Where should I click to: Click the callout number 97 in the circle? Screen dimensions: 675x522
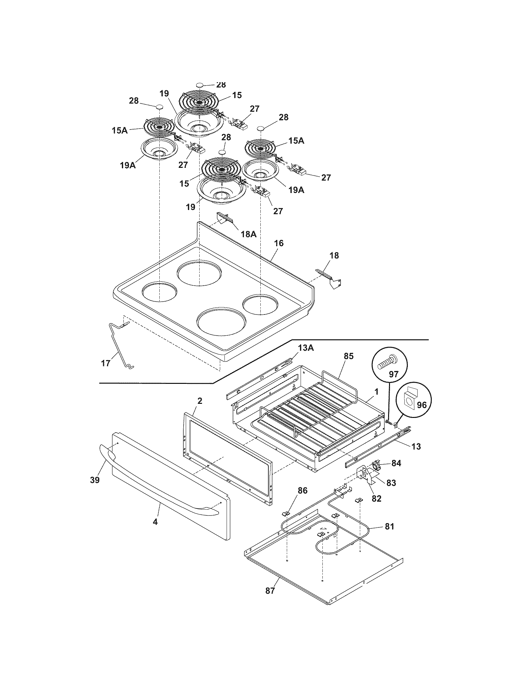click(393, 374)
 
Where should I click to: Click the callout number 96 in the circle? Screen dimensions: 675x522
click(422, 405)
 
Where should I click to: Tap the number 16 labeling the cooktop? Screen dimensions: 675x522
click(278, 243)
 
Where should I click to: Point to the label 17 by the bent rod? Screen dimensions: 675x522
click(106, 363)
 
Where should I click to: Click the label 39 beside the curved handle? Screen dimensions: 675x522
click(95, 480)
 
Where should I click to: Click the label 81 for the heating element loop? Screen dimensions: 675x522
click(389, 526)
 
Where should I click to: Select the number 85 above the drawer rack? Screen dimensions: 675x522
click(348, 356)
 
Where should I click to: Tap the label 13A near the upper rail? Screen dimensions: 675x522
click(306, 348)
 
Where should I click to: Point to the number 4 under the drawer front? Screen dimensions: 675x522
click(155, 522)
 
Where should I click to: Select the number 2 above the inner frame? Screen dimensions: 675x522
click(200, 401)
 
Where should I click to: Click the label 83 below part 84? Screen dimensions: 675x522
click(391, 483)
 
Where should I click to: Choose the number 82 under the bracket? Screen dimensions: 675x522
click(376, 499)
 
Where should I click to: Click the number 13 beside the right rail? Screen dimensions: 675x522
click(416, 447)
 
